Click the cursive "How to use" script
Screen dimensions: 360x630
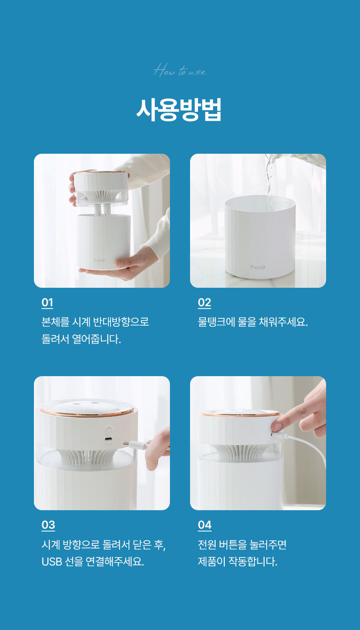(x=180, y=70)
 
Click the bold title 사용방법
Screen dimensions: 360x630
(x=179, y=110)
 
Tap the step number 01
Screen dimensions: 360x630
(x=47, y=302)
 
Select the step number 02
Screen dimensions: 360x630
(x=204, y=302)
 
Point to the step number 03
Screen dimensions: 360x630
(x=48, y=525)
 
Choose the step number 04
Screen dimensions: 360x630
(x=205, y=525)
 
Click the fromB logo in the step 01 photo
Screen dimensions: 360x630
(x=99, y=260)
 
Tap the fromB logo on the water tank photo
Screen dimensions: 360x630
(x=258, y=267)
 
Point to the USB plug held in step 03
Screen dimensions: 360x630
(x=134, y=445)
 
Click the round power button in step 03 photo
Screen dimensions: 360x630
(x=108, y=431)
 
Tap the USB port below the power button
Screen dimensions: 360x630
(x=108, y=439)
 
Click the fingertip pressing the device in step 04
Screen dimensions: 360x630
(x=277, y=427)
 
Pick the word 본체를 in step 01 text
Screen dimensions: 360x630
(x=55, y=322)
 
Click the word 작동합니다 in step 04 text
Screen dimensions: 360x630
(x=252, y=562)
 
